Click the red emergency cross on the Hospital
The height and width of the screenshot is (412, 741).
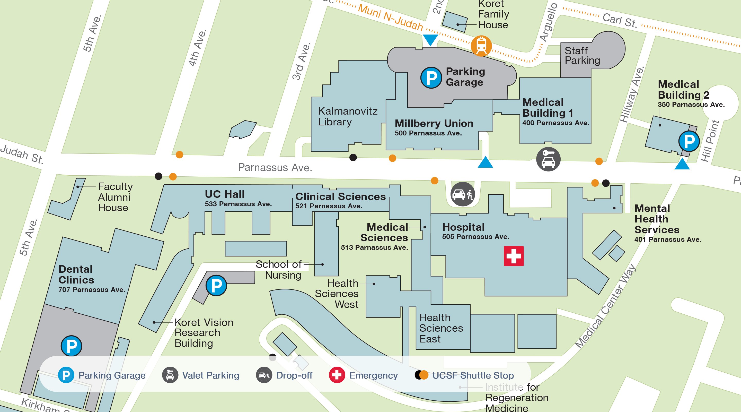click(x=514, y=256)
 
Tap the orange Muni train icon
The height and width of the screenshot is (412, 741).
click(x=481, y=46)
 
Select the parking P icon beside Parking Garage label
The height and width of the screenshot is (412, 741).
click(x=431, y=78)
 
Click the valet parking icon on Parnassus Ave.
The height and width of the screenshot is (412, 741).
click(x=548, y=159)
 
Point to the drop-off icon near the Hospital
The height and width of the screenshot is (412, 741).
click(x=463, y=194)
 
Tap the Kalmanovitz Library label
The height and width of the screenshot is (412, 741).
click(x=348, y=116)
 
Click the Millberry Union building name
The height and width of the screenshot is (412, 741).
click(x=434, y=124)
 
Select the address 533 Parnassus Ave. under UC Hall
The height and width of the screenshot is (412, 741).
click(x=238, y=204)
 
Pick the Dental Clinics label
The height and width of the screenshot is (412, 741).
click(x=76, y=274)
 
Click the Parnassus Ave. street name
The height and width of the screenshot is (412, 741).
click(x=275, y=167)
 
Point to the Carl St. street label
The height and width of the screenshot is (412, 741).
click(x=620, y=20)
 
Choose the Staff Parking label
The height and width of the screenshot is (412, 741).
click(x=582, y=56)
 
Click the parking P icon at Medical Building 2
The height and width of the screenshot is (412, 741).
click(x=689, y=141)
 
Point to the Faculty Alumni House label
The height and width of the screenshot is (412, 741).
click(x=115, y=197)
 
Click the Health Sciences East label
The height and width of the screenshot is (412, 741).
click(x=441, y=328)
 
